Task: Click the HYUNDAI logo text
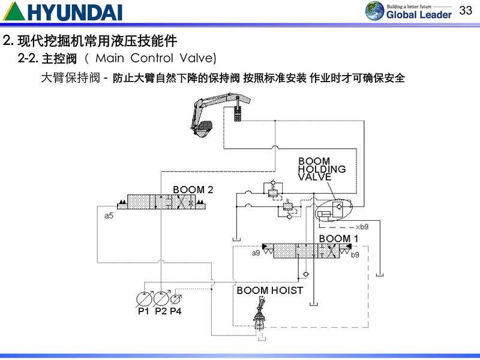coord(75,13)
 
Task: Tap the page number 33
coord(466,10)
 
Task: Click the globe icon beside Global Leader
coord(374,11)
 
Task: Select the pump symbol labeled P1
coord(144,298)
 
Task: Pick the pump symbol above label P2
coord(161,298)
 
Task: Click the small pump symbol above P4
coord(176,299)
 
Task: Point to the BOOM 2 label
coord(193,190)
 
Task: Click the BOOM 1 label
coord(338,238)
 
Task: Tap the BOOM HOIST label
coord(269,290)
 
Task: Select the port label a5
coord(109,216)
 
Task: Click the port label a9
coord(256,253)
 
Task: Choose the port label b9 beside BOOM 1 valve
coord(355,254)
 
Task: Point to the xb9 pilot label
coord(362,227)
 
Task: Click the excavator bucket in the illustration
coord(203,128)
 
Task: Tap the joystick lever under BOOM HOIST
coord(260,313)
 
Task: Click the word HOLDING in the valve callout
coord(322,169)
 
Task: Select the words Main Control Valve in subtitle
coord(155,58)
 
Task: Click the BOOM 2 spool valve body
coord(161,202)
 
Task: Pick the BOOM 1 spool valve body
coord(307,251)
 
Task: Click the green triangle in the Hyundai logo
coord(14,13)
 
